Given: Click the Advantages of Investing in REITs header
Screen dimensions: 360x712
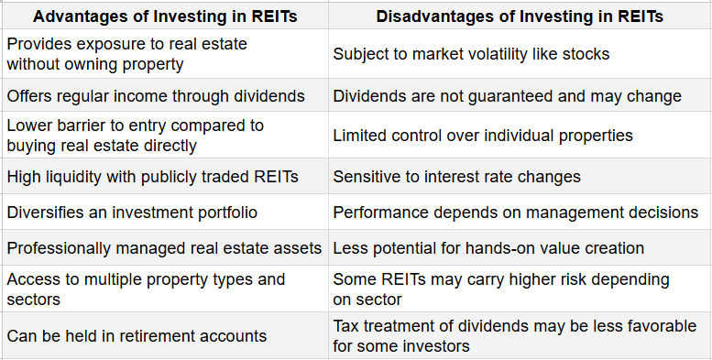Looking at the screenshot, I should click(x=164, y=16).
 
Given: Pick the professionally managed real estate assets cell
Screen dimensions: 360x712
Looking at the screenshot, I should click(x=164, y=247).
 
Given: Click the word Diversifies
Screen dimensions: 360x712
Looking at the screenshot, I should click(x=40, y=213).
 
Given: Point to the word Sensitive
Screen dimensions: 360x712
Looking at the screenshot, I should click(x=365, y=175).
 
